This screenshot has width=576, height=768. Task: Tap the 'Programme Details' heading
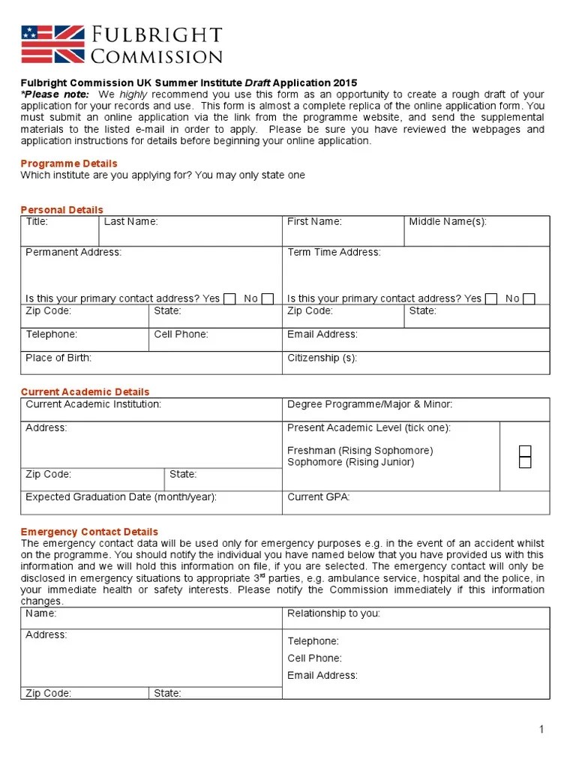pos(69,163)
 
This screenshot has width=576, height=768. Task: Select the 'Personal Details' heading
pos(62,210)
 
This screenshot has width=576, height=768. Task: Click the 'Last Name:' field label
pos(130,221)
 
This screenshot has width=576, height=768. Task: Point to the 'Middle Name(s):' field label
pos(448,221)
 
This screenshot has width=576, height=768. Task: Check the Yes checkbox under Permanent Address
pos(230,298)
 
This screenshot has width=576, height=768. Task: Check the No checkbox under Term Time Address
pos(529,298)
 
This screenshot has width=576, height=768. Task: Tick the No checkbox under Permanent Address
pos(268,298)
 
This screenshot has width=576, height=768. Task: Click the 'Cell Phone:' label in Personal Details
pos(181,334)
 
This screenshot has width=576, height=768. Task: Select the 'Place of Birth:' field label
pos(58,358)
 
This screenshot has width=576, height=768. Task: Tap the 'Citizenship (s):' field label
pos(322,358)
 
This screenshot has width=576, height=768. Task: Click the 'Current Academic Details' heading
pos(85,391)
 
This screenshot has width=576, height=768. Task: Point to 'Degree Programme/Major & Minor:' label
pos(370,404)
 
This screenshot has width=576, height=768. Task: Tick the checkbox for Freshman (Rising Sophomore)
pos(525,451)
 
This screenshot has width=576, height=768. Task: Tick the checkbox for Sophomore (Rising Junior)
pos(525,462)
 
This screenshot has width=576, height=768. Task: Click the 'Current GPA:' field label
pos(319,497)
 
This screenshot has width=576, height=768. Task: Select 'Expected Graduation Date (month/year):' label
pos(121,497)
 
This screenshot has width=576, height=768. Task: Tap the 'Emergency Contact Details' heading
pos(89,532)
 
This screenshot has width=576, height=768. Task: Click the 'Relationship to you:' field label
pos(334,613)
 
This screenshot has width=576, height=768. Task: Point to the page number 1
pos(541,730)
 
